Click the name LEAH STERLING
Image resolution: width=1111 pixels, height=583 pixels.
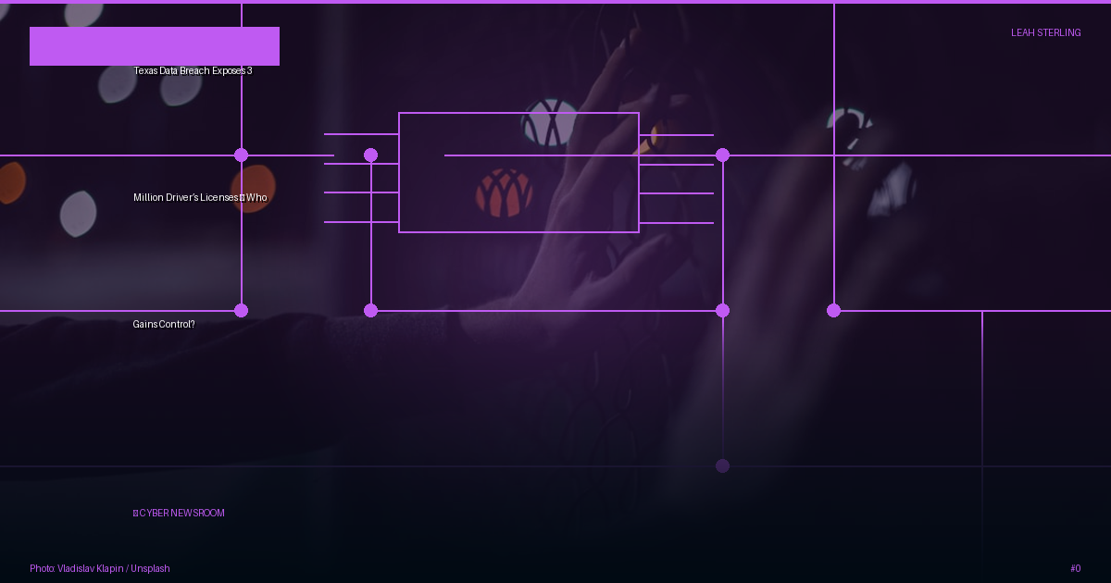coord(1045,32)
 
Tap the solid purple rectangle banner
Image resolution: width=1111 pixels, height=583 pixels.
coord(155,46)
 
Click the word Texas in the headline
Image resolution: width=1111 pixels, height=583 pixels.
coord(145,71)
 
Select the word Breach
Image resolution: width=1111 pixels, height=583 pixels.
coord(194,71)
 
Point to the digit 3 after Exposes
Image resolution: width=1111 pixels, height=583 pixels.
coord(249,71)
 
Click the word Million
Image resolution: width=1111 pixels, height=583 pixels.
coord(148,197)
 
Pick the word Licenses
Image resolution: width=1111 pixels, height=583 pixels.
coord(219,197)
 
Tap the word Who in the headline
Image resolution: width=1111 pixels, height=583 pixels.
coord(257,197)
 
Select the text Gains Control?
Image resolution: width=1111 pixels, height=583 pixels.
coord(164,324)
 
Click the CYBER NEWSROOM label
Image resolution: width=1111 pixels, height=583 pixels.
coord(181,513)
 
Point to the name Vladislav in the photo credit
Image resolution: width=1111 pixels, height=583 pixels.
coord(76,568)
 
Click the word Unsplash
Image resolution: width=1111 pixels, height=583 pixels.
coord(150,568)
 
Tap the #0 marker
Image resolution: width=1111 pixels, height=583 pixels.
coord(1075,568)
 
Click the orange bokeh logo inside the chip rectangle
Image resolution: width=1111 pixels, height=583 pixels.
coord(504,192)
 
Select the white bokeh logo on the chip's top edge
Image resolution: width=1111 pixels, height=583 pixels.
coord(550,122)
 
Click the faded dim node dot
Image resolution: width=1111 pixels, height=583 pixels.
coord(723,466)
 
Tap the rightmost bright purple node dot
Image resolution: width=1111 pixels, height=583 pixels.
coord(834,311)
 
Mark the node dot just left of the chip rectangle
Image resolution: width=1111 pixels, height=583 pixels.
coord(370,155)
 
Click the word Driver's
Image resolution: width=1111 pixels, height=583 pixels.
coord(182,197)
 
